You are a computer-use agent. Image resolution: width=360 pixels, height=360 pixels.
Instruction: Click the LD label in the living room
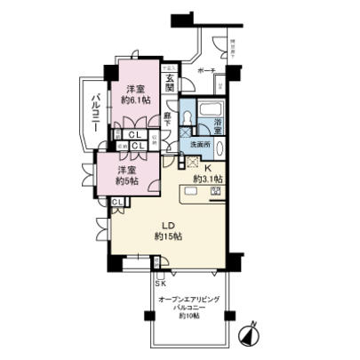click(x=169, y=226)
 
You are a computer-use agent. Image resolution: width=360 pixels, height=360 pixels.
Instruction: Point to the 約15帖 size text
click(x=169, y=237)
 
